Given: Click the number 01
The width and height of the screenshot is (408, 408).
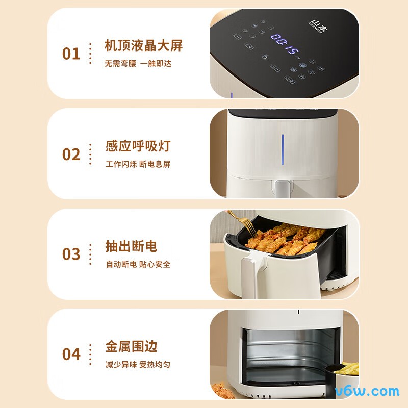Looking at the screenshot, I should [x=71, y=54].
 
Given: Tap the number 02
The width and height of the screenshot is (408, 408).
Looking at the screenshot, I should [x=71, y=154].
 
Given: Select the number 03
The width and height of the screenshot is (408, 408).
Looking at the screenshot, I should [x=71, y=254].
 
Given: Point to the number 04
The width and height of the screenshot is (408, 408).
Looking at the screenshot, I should [x=71, y=354].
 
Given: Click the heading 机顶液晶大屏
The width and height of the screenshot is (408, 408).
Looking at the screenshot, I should [x=143, y=46].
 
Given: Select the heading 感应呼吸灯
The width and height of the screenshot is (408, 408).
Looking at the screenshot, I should [x=138, y=146].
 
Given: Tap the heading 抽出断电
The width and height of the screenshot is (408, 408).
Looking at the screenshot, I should [x=131, y=246].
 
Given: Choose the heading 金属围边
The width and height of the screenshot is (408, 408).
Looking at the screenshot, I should [x=131, y=347].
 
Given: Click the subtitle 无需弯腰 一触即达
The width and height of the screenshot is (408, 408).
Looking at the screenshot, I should [x=138, y=64].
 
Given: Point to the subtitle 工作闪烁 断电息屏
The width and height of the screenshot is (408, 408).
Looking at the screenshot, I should [x=138, y=164].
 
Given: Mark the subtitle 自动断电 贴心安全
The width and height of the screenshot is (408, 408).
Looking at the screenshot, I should [x=138, y=264].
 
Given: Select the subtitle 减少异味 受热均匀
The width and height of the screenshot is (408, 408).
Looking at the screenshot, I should [x=138, y=365].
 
